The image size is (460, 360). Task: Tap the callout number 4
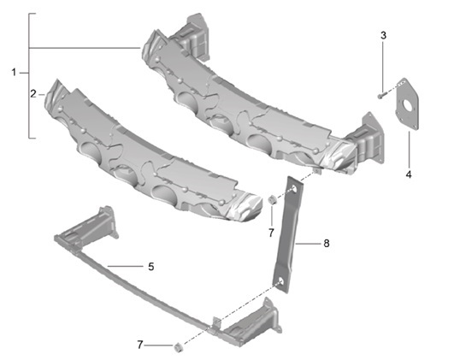(409, 174)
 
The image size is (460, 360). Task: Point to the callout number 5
(151, 267)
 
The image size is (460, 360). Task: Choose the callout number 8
(326, 244)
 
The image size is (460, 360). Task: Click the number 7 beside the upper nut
(271, 232)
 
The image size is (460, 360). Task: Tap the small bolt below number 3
(380, 95)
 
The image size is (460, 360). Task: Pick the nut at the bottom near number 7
(177, 346)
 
